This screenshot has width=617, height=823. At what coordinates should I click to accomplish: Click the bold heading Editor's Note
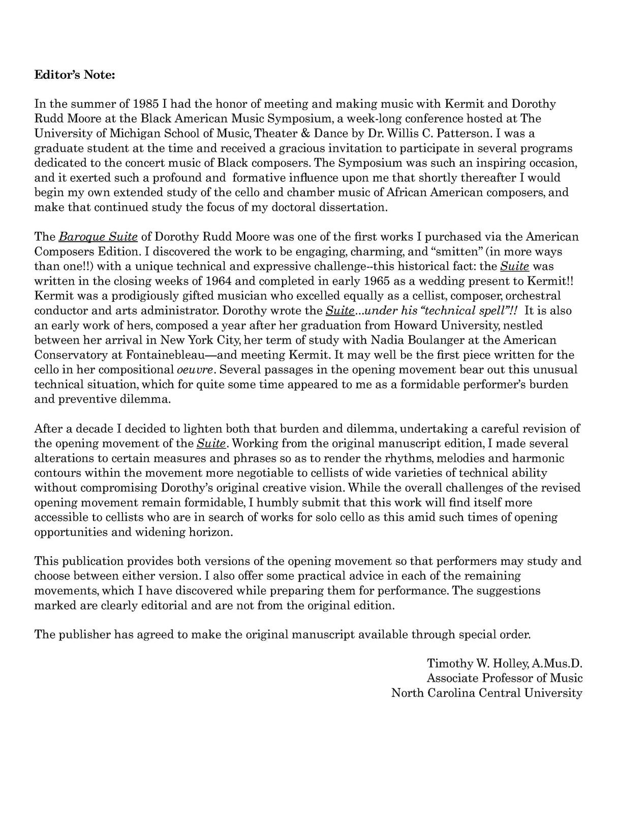pos(75,75)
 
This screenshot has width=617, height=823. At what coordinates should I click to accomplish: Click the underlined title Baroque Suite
pos(99,237)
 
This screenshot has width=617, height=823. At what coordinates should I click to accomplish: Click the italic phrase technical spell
pos(467,311)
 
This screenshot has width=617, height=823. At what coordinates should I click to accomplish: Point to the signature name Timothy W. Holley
pos(476,664)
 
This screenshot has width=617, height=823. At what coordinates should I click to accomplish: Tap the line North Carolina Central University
pos(486,693)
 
